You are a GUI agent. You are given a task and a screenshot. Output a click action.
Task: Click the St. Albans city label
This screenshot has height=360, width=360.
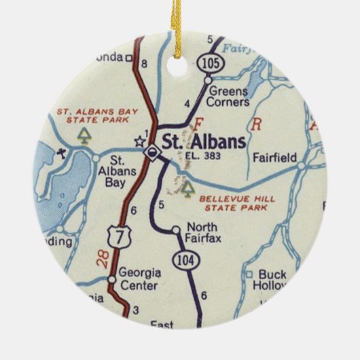tap(205, 141)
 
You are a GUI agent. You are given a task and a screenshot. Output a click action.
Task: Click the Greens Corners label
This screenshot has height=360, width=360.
tap(230, 96)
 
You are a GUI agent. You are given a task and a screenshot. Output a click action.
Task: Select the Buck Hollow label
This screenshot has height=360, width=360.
tap(270, 280)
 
